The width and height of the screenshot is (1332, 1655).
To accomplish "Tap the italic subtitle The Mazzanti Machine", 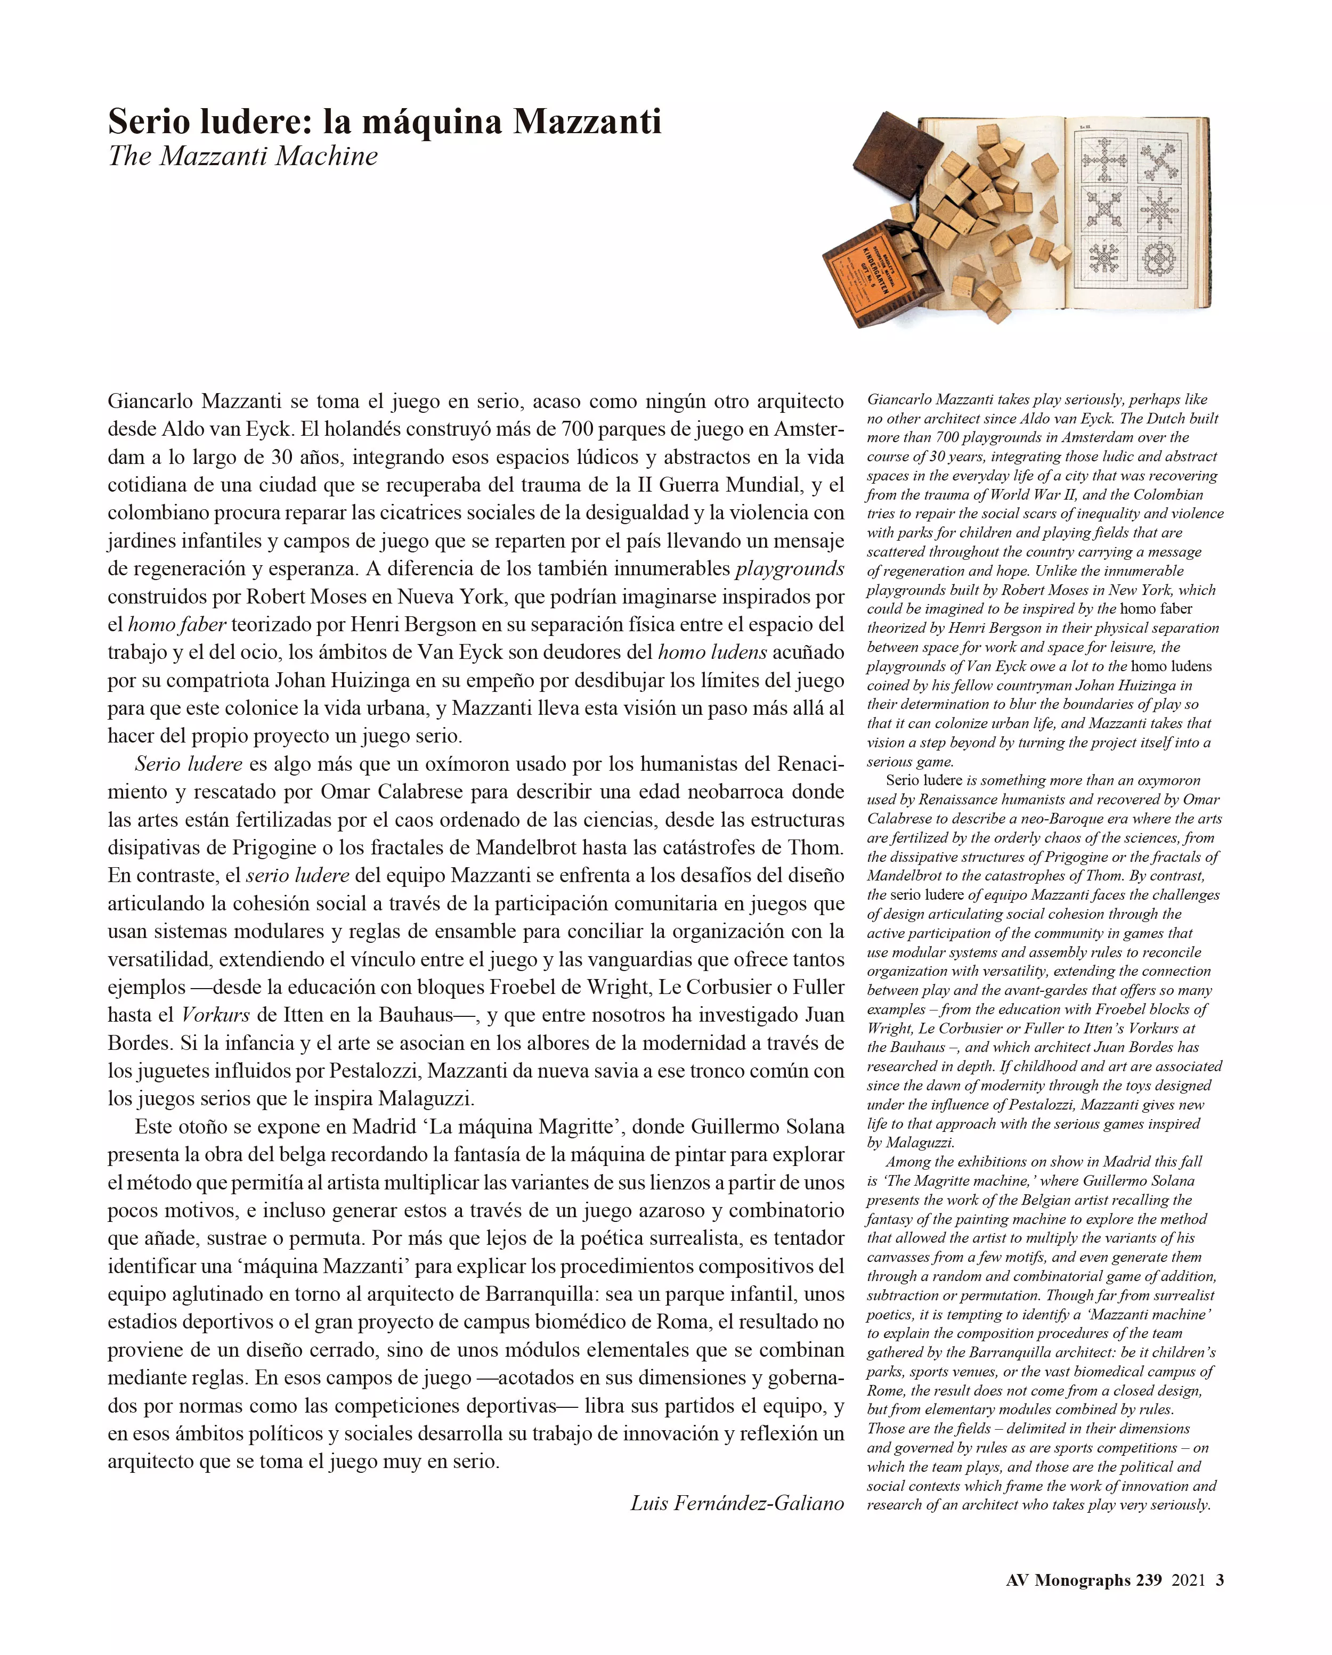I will tap(242, 157).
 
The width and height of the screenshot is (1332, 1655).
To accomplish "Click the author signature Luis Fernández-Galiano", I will tap(737, 1503).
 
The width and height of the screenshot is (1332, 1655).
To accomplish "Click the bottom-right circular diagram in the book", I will tap(1159, 259).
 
